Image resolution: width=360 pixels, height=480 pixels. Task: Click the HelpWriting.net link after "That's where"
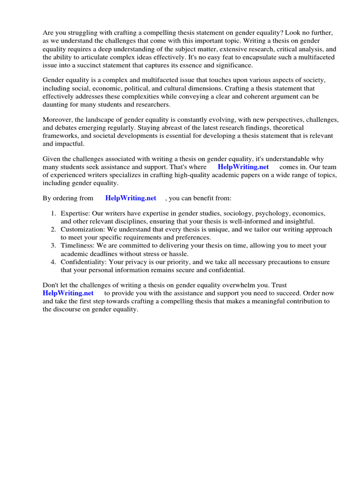click(x=243, y=167)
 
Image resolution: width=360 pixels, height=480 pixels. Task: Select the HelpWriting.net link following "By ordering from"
click(x=131, y=198)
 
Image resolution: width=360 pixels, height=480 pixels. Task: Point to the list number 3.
click(x=54, y=246)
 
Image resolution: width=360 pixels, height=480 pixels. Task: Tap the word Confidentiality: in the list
click(x=86, y=262)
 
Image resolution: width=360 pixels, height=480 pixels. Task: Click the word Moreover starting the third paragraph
click(x=59, y=120)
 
